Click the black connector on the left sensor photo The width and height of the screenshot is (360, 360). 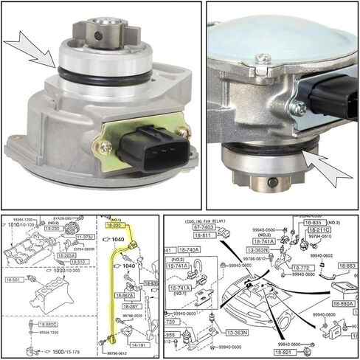point(155,148)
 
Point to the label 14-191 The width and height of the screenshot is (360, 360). point(138,343)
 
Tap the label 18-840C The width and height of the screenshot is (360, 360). point(48,324)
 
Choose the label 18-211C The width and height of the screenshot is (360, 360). point(319,229)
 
